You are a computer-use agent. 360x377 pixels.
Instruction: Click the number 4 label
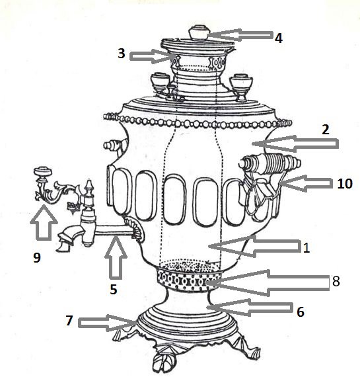279,38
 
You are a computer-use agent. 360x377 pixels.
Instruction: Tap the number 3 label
122,54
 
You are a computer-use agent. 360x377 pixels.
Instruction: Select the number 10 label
345,184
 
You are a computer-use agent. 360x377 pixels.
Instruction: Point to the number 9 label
37,257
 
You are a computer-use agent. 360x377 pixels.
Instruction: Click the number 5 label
114,289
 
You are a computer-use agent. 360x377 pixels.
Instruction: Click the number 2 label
326,130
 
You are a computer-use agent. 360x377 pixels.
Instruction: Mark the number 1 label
306,248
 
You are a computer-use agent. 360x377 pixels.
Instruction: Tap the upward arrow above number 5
116,257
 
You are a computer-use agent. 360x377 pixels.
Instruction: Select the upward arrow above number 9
44,222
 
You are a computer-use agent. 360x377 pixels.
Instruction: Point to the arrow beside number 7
107,323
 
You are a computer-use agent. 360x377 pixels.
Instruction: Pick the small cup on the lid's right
241,87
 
